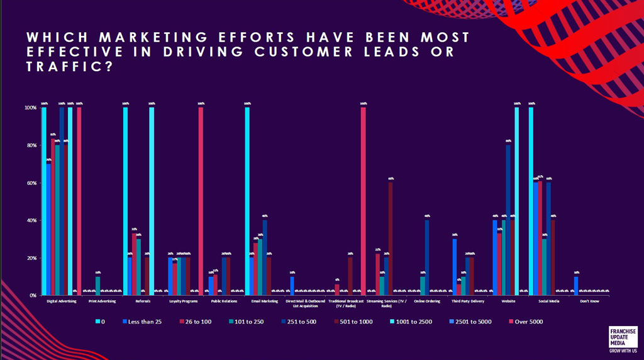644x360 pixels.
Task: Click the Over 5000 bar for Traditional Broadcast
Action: point(364,201)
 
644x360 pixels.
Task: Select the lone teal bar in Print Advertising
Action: point(97,286)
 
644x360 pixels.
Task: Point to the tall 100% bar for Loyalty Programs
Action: point(201,201)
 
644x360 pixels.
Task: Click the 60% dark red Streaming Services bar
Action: point(391,239)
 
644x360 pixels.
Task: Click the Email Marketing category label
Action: point(265,301)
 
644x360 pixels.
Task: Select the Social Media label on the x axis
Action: point(551,301)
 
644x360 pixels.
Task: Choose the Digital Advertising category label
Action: point(62,301)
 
